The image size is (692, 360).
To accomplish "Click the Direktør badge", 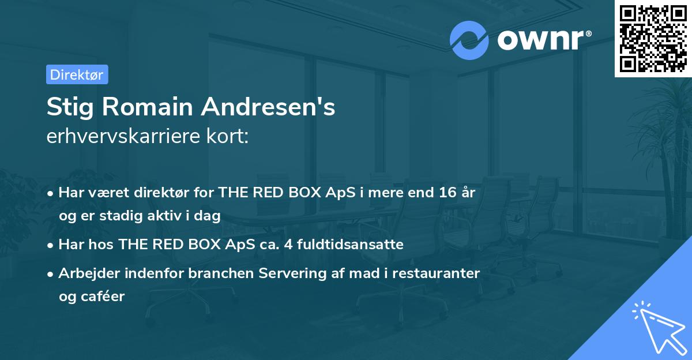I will click(77, 74).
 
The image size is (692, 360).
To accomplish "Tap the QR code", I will click(653, 38).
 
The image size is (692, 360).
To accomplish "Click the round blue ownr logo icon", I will click(469, 40).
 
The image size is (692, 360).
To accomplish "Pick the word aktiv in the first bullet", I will click(170, 216).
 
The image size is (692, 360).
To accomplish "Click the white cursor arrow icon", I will click(657, 327).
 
